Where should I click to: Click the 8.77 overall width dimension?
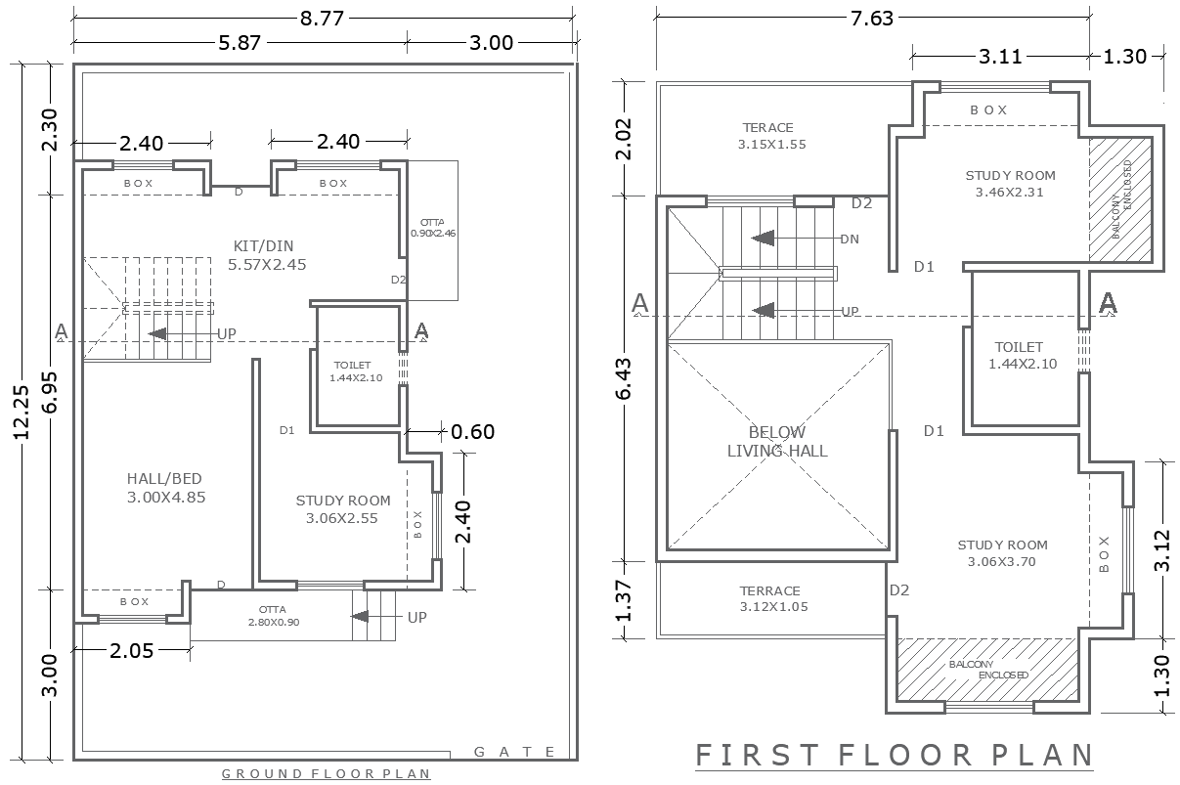pos(323,18)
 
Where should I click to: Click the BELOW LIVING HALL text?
pos(777,441)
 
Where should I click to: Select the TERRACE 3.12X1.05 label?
pos(769,598)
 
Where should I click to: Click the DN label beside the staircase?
pos(850,239)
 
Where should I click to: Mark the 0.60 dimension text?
pos(472,431)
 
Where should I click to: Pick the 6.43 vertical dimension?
pos(624,378)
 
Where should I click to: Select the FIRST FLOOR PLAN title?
pos(894,756)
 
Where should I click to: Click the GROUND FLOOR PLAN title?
pos(326,774)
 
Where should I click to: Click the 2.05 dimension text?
pos(131,651)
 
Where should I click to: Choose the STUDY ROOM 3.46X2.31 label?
pos(1010,184)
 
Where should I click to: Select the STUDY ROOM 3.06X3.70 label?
pos(1002,553)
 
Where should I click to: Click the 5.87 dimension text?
pos(238,42)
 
